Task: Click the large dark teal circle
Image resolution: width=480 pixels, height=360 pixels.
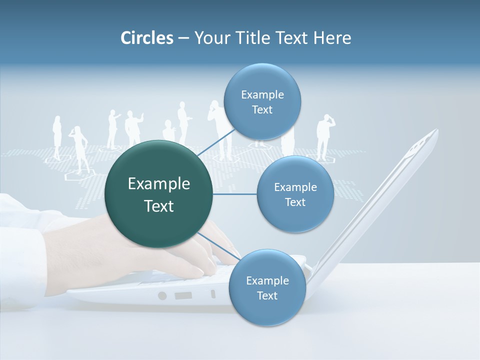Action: (159, 194)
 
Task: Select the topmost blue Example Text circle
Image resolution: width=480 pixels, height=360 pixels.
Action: (262, 102)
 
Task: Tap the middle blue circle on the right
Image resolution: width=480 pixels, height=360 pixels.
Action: (295, 194)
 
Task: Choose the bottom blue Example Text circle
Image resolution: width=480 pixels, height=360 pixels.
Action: (267, 287)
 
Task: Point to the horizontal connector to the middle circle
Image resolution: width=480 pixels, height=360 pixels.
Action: (235, 194)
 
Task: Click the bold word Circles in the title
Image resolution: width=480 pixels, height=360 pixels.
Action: (147, 38)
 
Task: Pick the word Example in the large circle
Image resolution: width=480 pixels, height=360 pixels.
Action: (159, 184)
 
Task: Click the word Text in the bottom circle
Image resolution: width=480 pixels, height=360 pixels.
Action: (267, 295)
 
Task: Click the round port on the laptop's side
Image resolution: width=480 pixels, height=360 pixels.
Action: (162, 295)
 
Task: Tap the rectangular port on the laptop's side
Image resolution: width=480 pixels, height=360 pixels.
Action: (183, 295)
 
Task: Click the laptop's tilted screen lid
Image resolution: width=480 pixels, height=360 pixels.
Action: (380, 200)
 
